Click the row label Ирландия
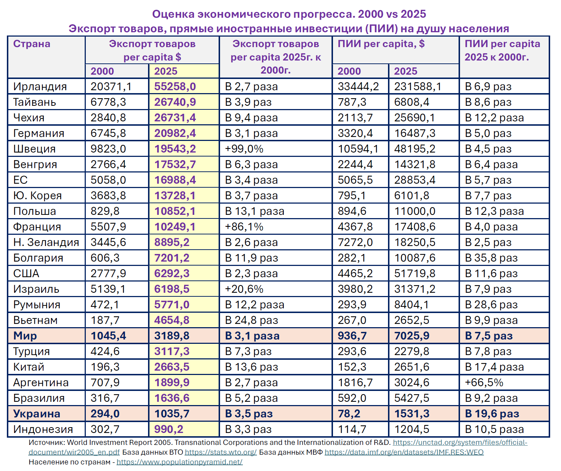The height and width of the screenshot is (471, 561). [x=40, y=87]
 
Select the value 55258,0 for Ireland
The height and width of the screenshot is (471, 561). [x=175, y=87]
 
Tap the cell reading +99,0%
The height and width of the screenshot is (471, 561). [x=244, y=149]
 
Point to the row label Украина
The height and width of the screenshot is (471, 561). [x=37, y=414]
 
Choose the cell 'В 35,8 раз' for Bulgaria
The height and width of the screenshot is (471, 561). [x=491, y=258]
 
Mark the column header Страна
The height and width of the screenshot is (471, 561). [x=32, y=44]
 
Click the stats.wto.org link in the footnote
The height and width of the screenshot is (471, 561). [x=220, y=452]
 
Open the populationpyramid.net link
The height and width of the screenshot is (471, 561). [x=180, y=462]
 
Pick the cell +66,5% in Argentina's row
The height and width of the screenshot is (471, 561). [x=484, y=383]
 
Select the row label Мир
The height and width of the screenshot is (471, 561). [x=25, y=336]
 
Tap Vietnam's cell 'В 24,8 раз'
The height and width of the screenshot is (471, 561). [x=252, y=320]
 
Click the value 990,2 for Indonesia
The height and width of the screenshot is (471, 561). [x=169, y=429]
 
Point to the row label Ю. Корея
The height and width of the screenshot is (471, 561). [x=37, y=196]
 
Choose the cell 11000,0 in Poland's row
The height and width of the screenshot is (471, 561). [x=414, y=211]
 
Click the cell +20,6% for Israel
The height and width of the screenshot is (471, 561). [x=244, y=289]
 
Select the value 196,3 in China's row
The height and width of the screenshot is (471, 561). [x=105, y=367]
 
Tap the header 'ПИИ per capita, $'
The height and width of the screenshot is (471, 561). [x=381, y=44]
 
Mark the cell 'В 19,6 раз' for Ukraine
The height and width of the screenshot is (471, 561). [x=492, y=414]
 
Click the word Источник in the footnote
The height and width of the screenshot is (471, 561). [x=46, y=442]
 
